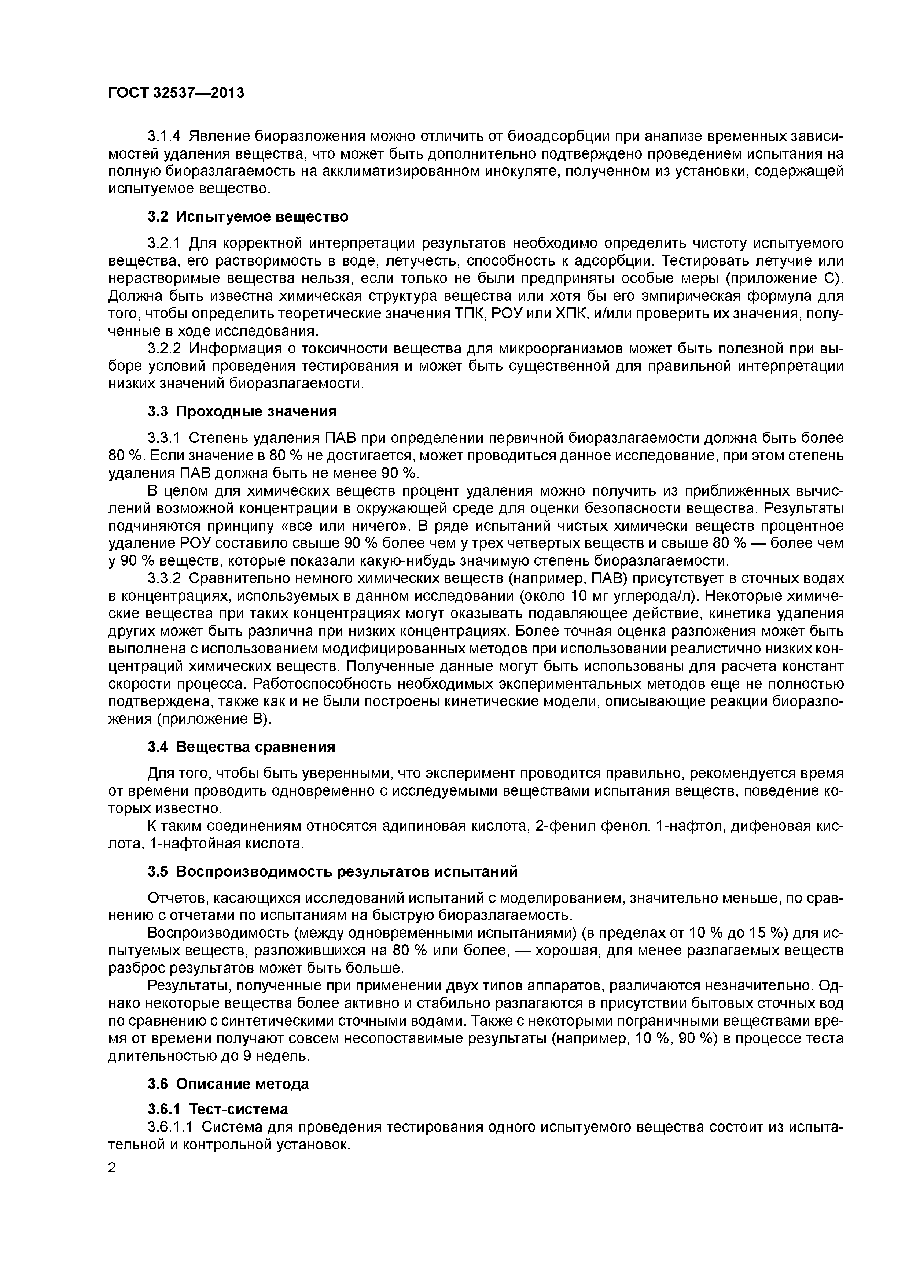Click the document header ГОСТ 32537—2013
pos(176,93)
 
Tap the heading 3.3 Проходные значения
pos(242,412)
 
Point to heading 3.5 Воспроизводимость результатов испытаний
pos(333,871)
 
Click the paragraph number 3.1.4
pos(164,137)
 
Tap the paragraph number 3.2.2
pos(164,349)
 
